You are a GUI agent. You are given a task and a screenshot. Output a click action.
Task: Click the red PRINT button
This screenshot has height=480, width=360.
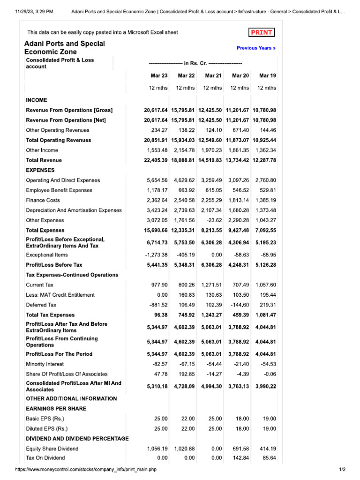(x=262, y=32)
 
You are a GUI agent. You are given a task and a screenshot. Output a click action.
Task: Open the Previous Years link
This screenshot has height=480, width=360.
(x=256, y=48)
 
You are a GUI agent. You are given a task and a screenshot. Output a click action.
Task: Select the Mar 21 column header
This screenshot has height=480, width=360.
(x=213, y=75)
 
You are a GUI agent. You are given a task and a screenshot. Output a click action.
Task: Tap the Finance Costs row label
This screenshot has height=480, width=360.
(x=43, y=200)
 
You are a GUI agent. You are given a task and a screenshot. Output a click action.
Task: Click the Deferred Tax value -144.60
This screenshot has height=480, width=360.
(x=240, y=305)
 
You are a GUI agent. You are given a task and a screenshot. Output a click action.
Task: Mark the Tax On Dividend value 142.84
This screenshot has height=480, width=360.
(x=240, y=457)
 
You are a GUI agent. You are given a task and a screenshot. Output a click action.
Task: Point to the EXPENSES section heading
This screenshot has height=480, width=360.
(x=40, y=170)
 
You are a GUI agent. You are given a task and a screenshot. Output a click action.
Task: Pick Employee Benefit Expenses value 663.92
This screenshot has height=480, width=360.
(x=186, y=190)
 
